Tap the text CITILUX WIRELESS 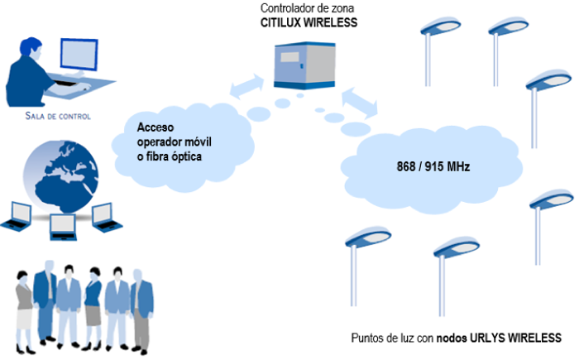[309, 23]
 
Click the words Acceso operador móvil [173, 135]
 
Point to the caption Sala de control [57, 117]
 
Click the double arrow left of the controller [246, 86]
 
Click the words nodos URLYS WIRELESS [505, 338]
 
